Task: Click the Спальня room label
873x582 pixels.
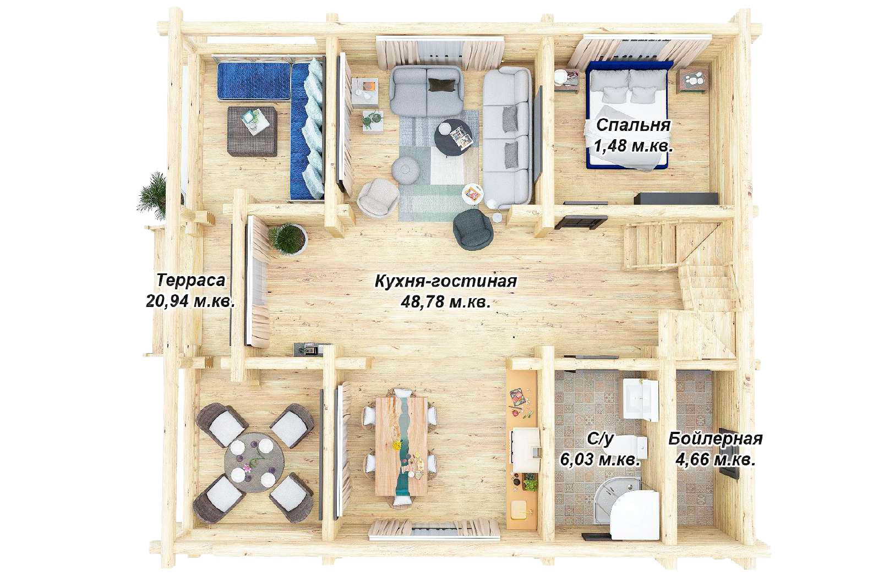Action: (634, 125)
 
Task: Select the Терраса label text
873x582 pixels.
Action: (191, 281)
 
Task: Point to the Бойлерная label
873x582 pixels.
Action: (716, 439)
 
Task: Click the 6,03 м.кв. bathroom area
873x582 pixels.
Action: (600, 460)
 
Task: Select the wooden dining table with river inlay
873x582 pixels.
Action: (401, 447)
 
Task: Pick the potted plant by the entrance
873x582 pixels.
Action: (288, 238)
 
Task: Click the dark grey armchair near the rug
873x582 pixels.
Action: (473, 229)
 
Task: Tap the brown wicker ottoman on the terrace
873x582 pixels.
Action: (252, 131)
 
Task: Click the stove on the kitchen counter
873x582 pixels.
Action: (526, 450)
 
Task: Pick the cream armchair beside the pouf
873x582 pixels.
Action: (378, 197)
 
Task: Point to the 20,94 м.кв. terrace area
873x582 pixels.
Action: (190, 301)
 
